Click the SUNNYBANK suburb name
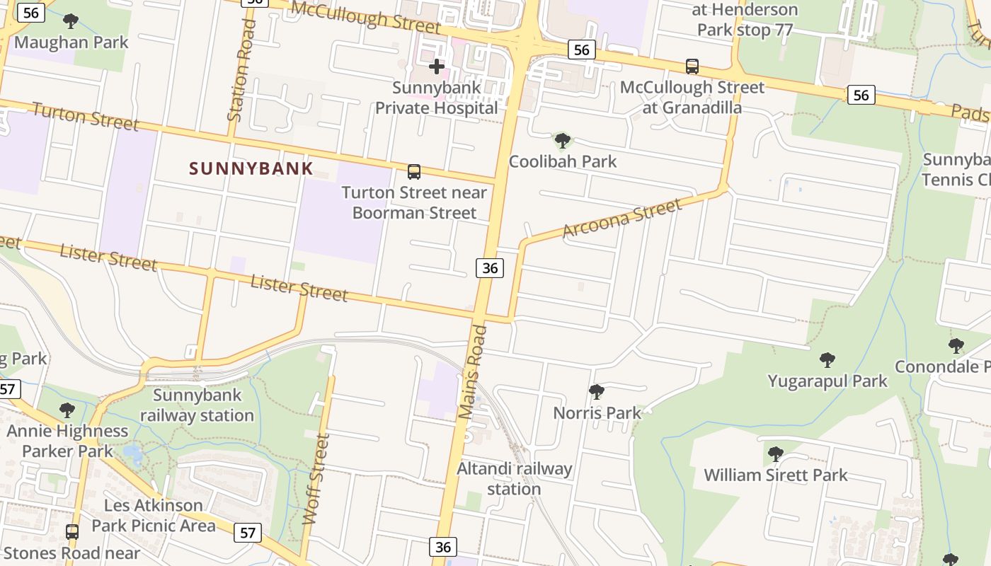pos(251,168)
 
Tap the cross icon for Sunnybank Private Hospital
pos(437,67)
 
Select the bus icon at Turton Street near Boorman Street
pos(414,172)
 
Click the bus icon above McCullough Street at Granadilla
pos(692,67)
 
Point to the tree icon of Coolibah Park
pos(563,140)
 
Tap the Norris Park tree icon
pos(597,391)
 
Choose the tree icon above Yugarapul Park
pos(827,360)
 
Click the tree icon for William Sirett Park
pos(775,454)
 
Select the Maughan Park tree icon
pos(71,21)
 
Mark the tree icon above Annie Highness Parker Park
pos(67,410)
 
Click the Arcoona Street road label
pos(622,219)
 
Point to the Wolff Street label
pos(316,479)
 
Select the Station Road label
pos(241,71)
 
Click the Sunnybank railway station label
pos(197,405)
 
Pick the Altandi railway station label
pos(514,478)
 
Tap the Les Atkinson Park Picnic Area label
pos(153,515)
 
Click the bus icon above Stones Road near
pos(71,531)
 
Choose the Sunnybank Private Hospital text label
pos(437,98)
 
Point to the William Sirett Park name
pos(775,475)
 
